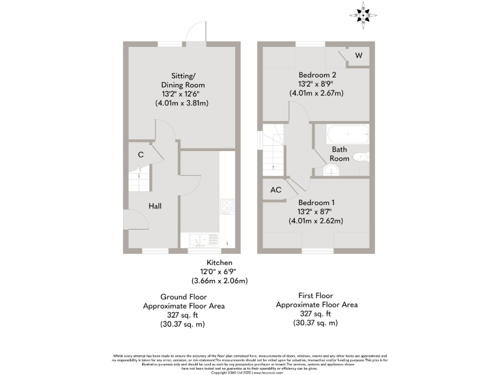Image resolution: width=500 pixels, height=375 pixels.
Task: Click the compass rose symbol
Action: pyautogui.click(x=363, y=12)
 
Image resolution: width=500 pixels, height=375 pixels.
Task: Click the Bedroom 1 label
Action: pyautogui.click(x=316, y=202)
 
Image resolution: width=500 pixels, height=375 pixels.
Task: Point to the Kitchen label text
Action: pyautogui.click(x=219, y=262)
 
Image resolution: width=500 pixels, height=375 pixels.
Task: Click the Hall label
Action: pyautogui.click(x=155, y=206)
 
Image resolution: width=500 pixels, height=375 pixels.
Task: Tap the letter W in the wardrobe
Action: pyautogui.click(x=357, y=56)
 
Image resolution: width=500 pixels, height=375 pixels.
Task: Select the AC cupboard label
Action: pyautogui.click(x=275, y=190)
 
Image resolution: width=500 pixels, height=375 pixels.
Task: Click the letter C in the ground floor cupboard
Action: pyautogui.click(x=141, y=155)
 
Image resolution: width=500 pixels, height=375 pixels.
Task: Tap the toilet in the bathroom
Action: pyautogui.click(x=361, y=157)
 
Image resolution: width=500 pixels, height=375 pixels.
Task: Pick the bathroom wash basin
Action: pyautogui.click(x=331, y=170)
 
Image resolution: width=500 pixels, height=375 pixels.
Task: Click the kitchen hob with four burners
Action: pyautogui.click(x=228, y=206)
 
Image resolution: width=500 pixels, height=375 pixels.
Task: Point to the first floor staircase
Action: pyautogui.click(x=274, y=157)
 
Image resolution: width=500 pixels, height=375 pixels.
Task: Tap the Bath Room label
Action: pyautogui.click(x=339, y=154)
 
